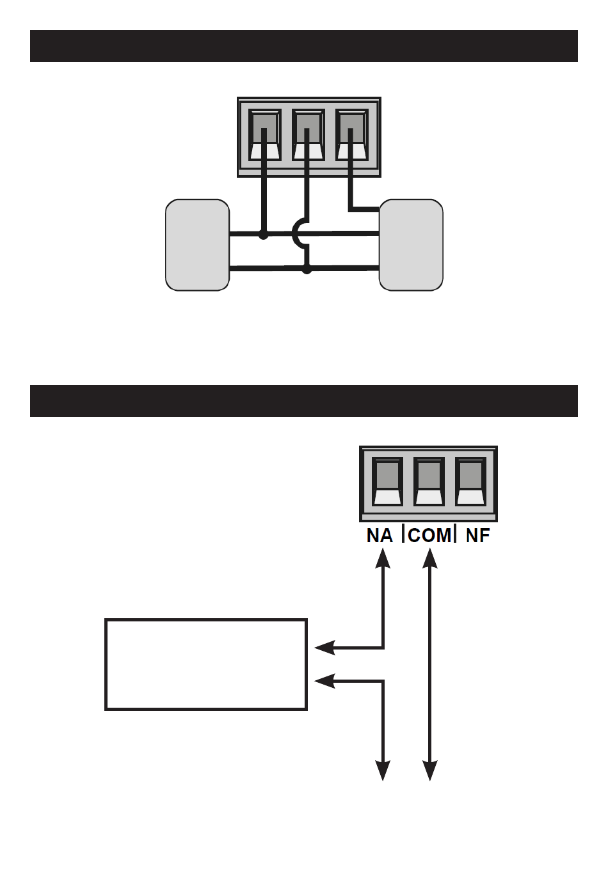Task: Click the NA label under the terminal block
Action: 379,534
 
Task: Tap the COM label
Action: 429,534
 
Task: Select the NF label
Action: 477,534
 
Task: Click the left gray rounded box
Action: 197,245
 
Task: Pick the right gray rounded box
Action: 411,245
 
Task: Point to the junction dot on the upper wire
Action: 263,235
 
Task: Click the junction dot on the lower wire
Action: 307,270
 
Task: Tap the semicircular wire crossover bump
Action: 298,234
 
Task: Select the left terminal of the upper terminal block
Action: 264,136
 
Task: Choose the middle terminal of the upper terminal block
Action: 307,136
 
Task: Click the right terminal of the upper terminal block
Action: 351,136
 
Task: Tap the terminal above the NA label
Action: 387,482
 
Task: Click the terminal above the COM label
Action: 428,482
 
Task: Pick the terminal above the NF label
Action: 470,482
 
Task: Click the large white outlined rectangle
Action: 206,664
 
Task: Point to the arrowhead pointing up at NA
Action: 383,557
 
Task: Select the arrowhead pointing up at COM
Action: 430,557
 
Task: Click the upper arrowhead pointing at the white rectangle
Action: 325,648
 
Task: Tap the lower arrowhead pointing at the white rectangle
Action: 325,681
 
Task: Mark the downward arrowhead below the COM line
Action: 430,770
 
